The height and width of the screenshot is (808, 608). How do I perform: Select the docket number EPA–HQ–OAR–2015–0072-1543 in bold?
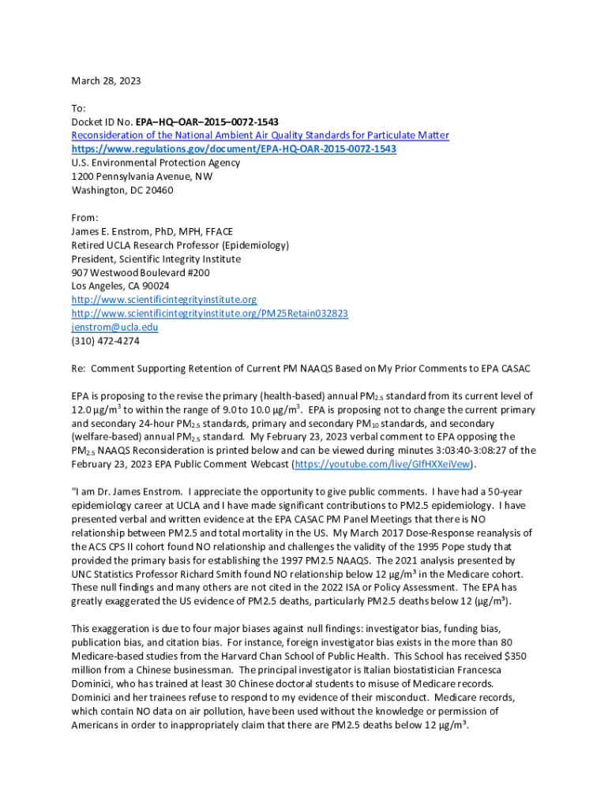coord(207,122)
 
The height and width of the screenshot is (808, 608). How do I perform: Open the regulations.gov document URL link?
coord(234,149)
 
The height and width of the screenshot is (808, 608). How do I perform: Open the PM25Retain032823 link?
coord(209,313)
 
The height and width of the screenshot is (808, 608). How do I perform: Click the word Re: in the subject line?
coord(79,368)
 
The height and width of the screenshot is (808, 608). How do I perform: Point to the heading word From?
coord(84,218)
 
